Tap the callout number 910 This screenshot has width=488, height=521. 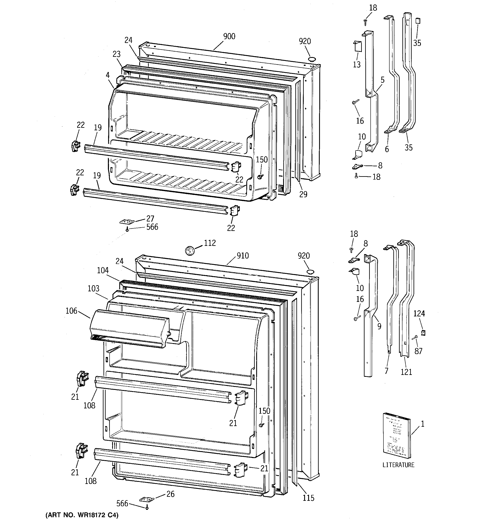pyautogui.click(x=243, y=256)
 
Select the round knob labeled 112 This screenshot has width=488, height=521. pyautogui.click(x=189, y=250)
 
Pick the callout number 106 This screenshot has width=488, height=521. pyautogui.click(x=72, y=311)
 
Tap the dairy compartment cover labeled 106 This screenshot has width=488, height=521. pyautogui.click(x=129, y=329)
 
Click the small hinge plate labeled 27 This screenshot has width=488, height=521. pyautogui.click(x=127, y=222)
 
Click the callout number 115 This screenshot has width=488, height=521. pyautogui.click(x=308, y=498)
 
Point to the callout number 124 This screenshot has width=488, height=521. pyautogui.click(x=419, y=313)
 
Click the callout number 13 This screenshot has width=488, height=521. pyautogui.click(x=357, y=64)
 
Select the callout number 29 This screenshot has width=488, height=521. pyautogui.click(x=303, y=194)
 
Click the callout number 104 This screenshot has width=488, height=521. pyautogui.click(x=103, y=270)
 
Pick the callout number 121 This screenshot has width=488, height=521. pyautogui.click(x=406, y=372)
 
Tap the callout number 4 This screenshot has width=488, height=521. pyautogui.click(x=108, y=75)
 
